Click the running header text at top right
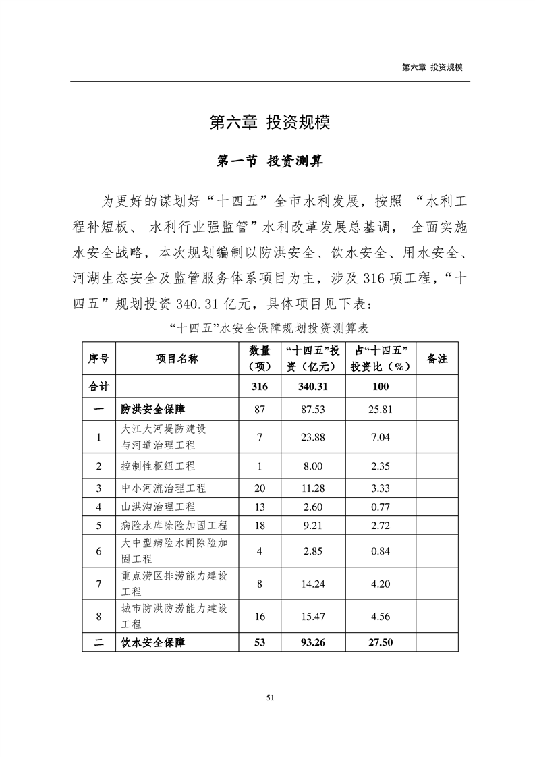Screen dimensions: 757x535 435,67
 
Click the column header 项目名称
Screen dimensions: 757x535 177,359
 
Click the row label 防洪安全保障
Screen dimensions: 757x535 153,409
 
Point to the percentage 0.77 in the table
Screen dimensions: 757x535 381,507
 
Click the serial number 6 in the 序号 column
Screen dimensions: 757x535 99,551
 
